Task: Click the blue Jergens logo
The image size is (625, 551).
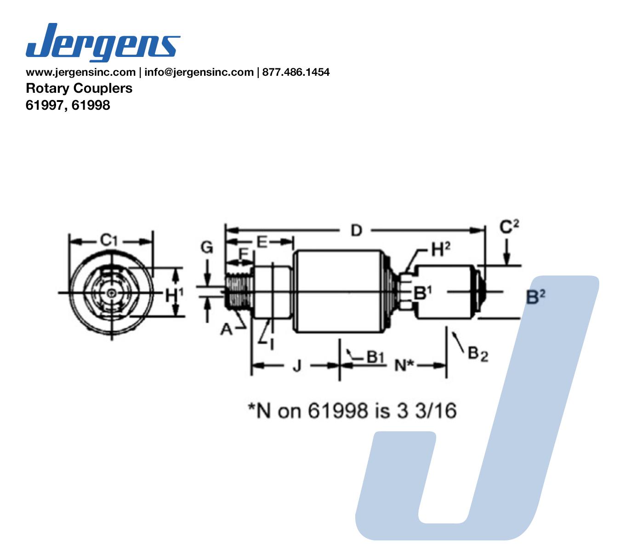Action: click(103, 42)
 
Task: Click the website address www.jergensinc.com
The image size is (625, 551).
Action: click(81, 72)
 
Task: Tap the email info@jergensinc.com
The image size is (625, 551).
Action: click(199, 72)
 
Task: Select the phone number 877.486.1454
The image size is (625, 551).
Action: click(296, 72)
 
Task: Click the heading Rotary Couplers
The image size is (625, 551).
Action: click(79, 89)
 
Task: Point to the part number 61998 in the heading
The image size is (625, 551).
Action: click(91, 105)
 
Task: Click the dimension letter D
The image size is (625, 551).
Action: click(356, 231)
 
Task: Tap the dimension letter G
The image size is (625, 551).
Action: click(207, 247)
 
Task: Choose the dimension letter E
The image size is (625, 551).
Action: click(262, 242)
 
